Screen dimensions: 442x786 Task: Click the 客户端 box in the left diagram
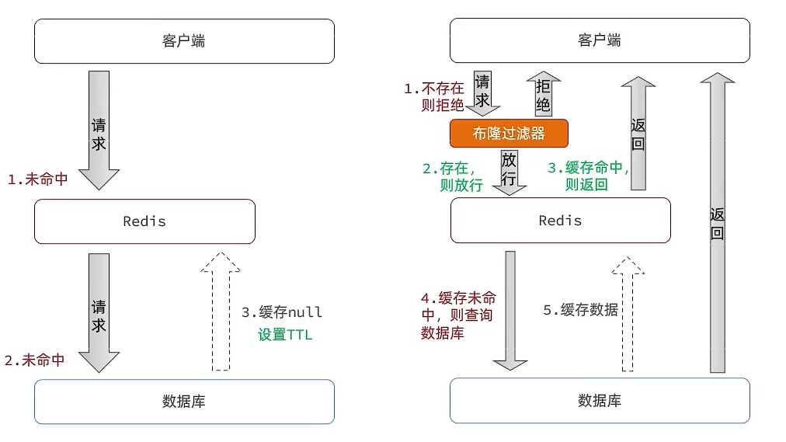[184, 41]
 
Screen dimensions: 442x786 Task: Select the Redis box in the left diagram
[144, 221]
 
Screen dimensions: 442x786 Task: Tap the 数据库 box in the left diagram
[184, 401]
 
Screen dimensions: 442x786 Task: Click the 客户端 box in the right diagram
[600, 41]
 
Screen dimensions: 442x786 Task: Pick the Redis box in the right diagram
[560, 221]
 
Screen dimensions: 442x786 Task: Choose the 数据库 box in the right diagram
[600, 401]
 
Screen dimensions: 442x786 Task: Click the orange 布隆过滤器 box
[509, 133]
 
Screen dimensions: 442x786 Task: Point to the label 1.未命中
[37, 179]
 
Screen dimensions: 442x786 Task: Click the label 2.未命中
[34, 360]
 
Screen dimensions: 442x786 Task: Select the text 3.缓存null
[281, 312]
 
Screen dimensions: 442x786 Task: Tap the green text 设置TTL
[284, 336]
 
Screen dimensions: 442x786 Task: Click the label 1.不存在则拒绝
[433, 97]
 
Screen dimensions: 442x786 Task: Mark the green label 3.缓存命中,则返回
[588, 176]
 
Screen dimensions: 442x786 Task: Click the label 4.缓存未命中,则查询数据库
[458, 315]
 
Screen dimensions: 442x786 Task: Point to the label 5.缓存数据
[580, 309]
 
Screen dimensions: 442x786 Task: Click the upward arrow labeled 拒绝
[543, 92]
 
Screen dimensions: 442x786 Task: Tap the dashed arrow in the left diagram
[221, 311]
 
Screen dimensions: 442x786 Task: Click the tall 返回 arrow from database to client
[717, 221]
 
